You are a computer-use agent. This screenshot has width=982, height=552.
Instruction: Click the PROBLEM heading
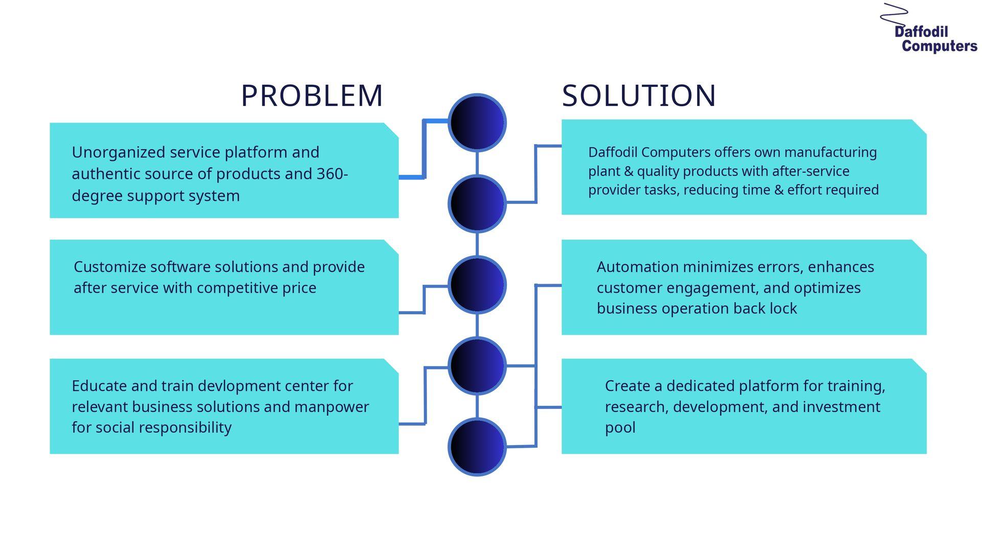(311, 96)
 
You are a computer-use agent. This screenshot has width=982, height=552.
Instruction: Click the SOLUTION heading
(639, 96)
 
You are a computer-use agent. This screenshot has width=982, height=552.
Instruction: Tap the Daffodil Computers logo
(929, 28)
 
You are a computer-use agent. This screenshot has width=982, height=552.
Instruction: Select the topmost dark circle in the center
(477, 123)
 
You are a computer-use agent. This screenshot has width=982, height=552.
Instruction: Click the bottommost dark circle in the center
(477, 447)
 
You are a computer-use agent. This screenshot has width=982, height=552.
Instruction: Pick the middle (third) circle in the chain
(477, 285)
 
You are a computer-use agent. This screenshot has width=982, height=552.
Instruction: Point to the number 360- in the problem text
(332, 174)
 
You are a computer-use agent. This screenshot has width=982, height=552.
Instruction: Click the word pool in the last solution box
(620, 428)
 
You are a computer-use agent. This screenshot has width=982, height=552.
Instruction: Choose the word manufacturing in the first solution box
(831, 153)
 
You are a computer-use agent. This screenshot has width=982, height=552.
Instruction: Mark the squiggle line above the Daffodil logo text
(894, 14)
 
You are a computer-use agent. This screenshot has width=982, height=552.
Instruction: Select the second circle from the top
(477, 204)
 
